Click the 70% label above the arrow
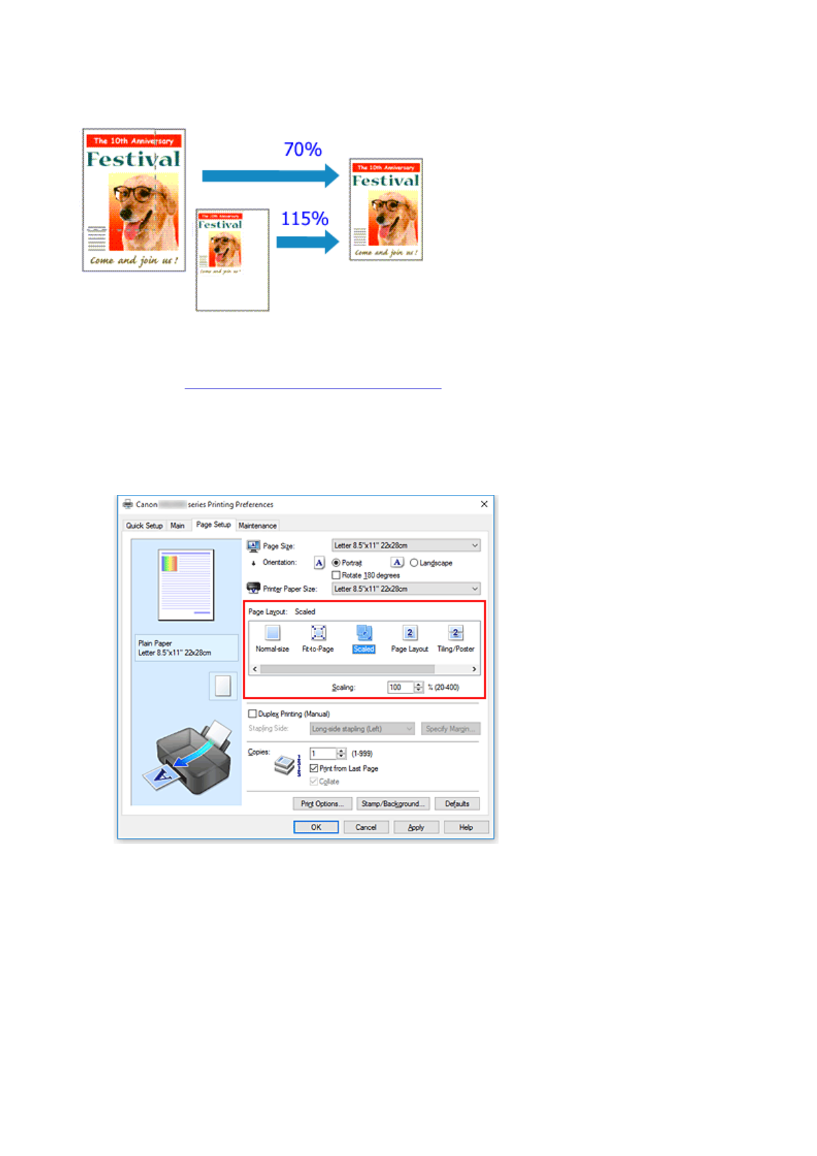click(303, 150)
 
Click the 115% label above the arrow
click(305, 219)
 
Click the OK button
click(316, 827)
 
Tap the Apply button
click(416, 827)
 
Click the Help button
click(466, 827)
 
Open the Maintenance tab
click(257, 526)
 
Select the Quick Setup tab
click(144, 526)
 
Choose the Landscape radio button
click(414, 563)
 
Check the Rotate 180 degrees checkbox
click(336, 575)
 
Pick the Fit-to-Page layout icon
click(318, 634)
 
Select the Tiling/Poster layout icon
click(455, 634)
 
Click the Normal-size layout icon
click(272, 634)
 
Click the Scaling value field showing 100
click(399, 687)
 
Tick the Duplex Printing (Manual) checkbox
click(252, 714)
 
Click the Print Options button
click(322, 804)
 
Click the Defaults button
click(457, 804)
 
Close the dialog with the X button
click(484, 504)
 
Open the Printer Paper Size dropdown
click(406, 589)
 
